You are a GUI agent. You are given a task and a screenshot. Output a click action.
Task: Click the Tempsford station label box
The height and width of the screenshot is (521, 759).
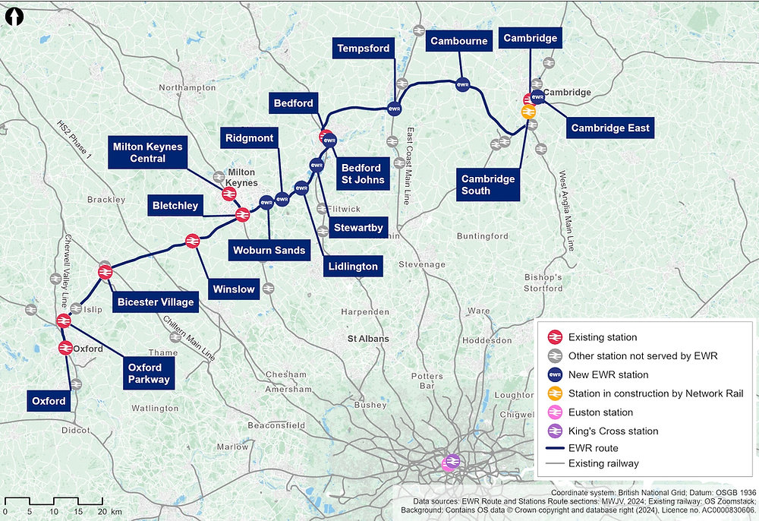coord(364,49)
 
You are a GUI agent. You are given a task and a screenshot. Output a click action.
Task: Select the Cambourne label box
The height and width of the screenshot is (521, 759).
coord(458,41)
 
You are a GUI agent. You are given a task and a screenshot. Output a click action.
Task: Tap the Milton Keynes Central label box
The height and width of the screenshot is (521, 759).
coord(147,153)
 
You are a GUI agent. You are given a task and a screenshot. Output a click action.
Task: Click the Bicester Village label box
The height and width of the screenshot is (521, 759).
coord(155,302)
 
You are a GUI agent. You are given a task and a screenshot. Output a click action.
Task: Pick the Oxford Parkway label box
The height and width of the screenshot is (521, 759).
coord(144,374)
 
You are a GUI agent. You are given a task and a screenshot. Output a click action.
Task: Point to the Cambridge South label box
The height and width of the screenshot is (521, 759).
coord(488,185)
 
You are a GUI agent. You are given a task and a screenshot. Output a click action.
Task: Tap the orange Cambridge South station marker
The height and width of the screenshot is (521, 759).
coord(528,112)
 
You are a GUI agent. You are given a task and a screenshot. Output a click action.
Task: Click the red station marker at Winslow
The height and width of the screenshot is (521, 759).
coord(193,241)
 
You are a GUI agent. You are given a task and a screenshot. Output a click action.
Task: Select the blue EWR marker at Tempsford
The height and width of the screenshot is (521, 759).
coord(394,109)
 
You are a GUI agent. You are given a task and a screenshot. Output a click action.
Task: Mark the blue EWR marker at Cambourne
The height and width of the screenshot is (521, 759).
coord(462,84)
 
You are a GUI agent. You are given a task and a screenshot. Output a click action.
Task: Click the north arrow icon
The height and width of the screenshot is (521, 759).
coord(15,16)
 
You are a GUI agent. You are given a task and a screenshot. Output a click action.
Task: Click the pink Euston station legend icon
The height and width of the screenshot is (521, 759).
coord(555,412)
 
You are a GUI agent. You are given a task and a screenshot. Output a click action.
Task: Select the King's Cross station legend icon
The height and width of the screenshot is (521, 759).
coord(555,431)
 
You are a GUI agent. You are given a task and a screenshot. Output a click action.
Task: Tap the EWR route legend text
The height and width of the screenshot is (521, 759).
coord(593,448)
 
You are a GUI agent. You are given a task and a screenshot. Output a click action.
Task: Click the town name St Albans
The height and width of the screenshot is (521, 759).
coord(368,338)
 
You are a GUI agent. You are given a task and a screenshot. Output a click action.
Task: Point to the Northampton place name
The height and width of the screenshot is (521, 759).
coord(187,88)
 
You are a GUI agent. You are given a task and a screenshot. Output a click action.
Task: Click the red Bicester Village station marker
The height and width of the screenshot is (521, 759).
coord(105,271)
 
